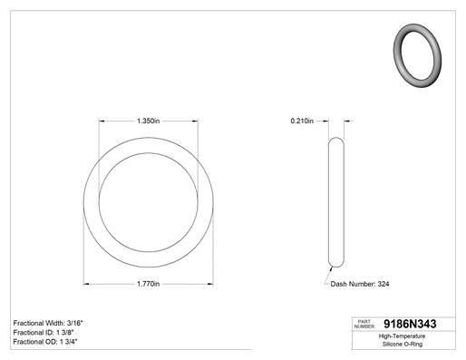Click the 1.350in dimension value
tap(148, 121)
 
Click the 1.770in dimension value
tap(148, 284)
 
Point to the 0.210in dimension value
tap(302, 121)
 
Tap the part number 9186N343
tap(410, 324)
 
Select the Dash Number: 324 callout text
tap(360, 284)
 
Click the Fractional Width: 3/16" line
tap(48, 323)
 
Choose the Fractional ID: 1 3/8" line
tap(44, 333)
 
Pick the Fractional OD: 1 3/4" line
tap(45, 342)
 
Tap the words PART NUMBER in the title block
tap(364, 324)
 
